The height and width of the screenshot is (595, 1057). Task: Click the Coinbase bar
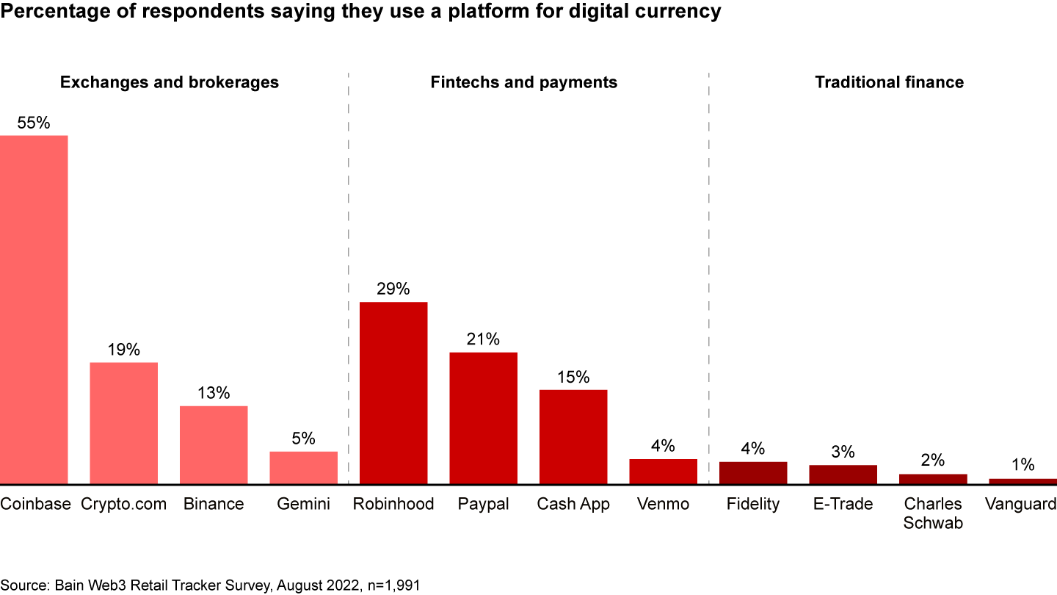click(x=34, y=309)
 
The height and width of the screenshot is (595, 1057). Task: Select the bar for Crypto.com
click(x=123, y=422)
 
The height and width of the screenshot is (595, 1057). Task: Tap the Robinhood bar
click(x=393, y=393)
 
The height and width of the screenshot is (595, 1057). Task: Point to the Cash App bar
click(x=573, y=436)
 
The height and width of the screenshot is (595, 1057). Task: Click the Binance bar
click(x=214, y=444)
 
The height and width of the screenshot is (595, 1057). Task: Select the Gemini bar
click(x=303, y=467)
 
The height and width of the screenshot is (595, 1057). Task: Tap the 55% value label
click(x=34, y=123)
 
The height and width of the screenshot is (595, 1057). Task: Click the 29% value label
click(x=393, y=289)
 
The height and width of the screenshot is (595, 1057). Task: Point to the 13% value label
click(x=214, y=393)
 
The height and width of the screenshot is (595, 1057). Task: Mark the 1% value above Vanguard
click(x=1023, y=465)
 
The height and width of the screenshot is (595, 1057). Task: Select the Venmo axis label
click(x=663, y=504)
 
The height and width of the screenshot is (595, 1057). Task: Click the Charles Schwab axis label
click(x=933, y=513)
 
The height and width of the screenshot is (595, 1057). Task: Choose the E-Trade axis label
click(x=843, y=504)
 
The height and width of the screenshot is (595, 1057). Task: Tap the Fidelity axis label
click(x=752, y=504)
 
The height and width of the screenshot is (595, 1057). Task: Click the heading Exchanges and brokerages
click(x=170, y=82)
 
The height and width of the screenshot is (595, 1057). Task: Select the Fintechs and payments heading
click(x=524, y=82)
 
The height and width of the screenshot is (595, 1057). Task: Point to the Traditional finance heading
click(x=889, y=82)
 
